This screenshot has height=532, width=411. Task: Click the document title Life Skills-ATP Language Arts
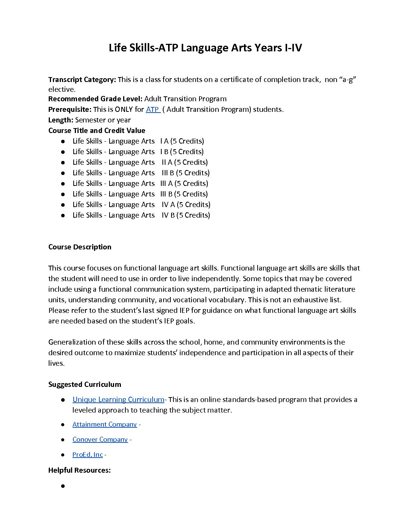coord(205,48)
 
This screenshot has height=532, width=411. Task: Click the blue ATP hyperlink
coord(153,110)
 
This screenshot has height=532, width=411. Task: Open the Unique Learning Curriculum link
coord(118,400)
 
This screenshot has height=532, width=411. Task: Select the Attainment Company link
coord(104,424)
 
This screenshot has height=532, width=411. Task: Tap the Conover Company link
coord(100,439)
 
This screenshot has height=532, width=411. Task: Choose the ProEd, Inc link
coord(87,455)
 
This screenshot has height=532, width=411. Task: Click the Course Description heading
coord(80,247)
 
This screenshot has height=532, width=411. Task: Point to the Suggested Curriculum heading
coord(85,385)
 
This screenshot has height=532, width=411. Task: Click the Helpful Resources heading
coord(79,470)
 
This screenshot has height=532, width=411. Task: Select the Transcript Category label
coord(82,80)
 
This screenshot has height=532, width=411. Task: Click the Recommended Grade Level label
coord(95,99)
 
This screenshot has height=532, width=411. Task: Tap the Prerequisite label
coord(70,110)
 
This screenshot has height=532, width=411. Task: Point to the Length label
coord(61,120)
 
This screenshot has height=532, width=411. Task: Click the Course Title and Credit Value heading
coord(97,131)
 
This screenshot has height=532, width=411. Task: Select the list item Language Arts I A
coord(138,141)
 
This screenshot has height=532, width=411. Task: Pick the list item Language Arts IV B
coord(141,215)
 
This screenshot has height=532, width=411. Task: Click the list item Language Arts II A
coord(140,162)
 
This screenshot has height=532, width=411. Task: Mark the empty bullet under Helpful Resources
coord(63,486)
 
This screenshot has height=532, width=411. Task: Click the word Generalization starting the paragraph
coord(72,342)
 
